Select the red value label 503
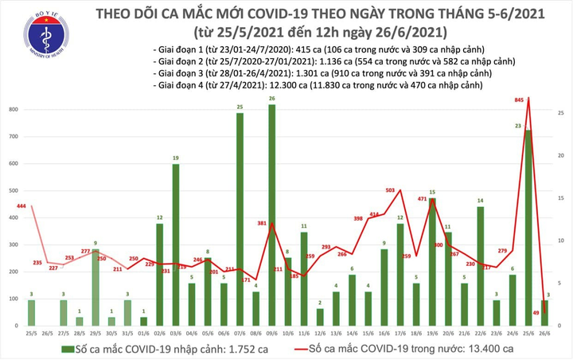tap(391, 190)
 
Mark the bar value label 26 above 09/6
tap(272, 100)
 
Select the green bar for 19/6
tap(432, 262)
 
